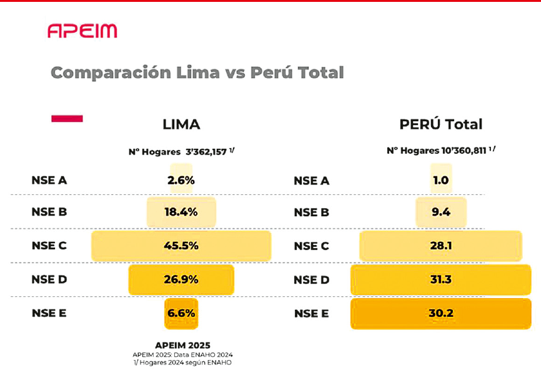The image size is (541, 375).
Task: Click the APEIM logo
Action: coord(82,31)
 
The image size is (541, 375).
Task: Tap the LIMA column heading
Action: coord(181,124)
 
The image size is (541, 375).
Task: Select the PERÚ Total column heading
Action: coord(440,124)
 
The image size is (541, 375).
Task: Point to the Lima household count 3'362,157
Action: coord(206,151)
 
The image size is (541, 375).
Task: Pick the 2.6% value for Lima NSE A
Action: coord(181,180)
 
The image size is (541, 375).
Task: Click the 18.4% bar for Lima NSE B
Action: coord(181,212)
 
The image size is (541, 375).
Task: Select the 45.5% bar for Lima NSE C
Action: coord(181,246)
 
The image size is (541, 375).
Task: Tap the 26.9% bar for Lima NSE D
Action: coord(181,279)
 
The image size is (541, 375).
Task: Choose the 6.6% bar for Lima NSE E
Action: coord(181,313)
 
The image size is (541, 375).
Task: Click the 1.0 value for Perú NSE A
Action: coord(440,180)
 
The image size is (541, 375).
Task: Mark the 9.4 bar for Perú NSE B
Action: coord(440,212)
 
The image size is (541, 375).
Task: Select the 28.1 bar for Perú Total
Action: coord(440,246)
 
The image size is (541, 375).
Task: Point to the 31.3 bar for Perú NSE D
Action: coord(440,279)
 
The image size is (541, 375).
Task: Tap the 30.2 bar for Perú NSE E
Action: coord(440,313)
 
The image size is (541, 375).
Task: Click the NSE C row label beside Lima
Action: coord(49,246)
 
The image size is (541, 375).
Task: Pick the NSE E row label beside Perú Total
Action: coord(311,313)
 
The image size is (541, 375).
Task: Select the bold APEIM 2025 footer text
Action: coord(182,345)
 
